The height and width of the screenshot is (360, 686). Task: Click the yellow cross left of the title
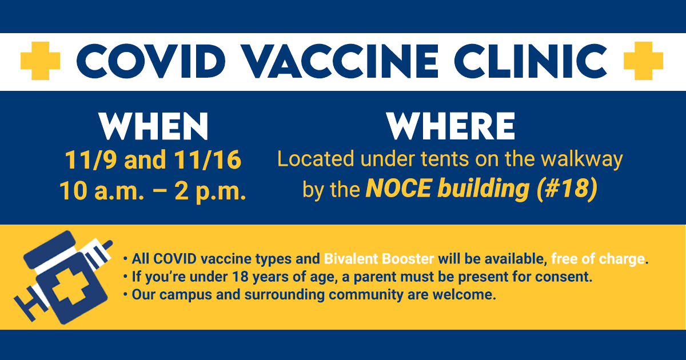(x=40, y=60)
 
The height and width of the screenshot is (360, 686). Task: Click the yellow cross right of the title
(x=643, y=60)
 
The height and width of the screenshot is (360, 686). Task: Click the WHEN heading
(x=153, y=127)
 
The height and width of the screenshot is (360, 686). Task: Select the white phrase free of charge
(x=597, y=258)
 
